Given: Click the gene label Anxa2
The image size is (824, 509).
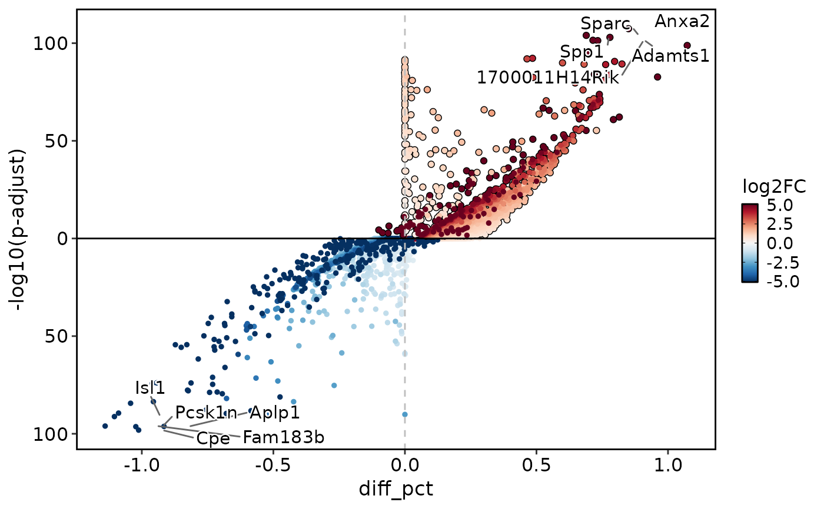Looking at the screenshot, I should (682, 22).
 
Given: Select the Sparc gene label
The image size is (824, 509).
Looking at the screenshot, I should (604, 24).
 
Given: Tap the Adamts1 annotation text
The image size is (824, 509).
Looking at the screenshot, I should (670, 56).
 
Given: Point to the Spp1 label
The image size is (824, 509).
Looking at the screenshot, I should (582, 52).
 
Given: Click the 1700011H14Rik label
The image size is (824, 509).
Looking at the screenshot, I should (547, 77).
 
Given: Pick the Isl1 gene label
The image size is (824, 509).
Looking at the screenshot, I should (150, 388).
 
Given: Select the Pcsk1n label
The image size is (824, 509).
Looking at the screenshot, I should (206, 413).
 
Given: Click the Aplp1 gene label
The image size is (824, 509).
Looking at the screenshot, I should (275, 413).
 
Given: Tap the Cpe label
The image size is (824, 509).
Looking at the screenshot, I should (213, 438).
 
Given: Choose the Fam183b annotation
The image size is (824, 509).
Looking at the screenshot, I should (283, 438).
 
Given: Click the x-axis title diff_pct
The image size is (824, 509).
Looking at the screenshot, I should (396, 489).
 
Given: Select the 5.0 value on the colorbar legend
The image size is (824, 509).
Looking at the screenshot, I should (780, 206).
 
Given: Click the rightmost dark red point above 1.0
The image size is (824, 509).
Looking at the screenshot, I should (687, 45).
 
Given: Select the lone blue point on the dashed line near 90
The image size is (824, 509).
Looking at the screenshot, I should (405, 414).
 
